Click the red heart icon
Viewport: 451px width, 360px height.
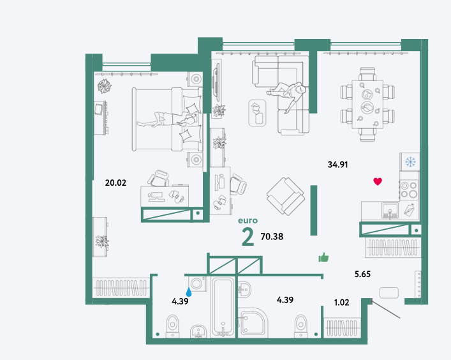(378, 181)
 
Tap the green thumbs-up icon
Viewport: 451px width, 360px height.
(323, 257)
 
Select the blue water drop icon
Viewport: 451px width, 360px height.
(189, 292)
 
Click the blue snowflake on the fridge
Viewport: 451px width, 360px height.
(410, 161)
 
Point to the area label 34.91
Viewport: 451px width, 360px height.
(337, 165)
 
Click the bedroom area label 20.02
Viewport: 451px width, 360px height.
(115, 183)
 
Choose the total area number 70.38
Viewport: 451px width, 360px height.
(272, 237)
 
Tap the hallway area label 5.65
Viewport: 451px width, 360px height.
(362, 274)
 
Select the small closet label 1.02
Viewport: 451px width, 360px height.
(341, 303)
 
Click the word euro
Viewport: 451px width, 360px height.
(248, 221)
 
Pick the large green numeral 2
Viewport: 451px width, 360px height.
(248, 237)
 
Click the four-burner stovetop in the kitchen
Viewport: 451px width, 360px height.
(410, 190)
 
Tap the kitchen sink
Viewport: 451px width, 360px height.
(390, 211)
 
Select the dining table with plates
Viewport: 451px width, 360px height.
(367, 105)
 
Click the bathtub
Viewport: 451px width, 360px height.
(223, 307)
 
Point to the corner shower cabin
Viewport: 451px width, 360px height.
(253, 322)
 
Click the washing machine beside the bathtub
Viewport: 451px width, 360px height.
(197, 284)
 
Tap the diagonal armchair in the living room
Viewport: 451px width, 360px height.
(286, 196)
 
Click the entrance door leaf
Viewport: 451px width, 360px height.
(386, 309)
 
